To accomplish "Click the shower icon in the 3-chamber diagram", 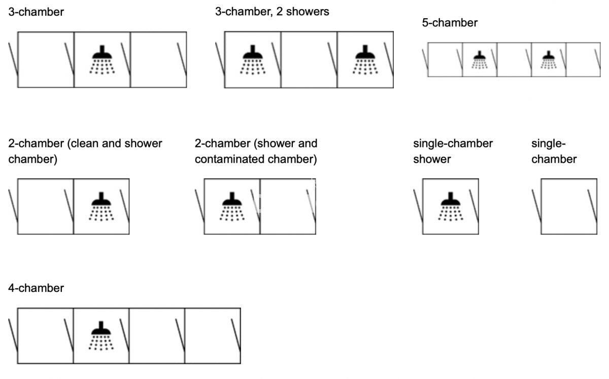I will click(102, 59).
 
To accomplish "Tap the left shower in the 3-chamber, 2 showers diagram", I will click(252, 59).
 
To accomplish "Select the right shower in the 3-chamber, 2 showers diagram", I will click(364, 59).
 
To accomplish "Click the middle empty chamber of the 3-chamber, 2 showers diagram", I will click(309, 59).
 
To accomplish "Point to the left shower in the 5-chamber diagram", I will click(479, 59).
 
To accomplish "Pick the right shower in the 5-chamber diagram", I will click(548, 59).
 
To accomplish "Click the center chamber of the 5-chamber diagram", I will click(514, 59).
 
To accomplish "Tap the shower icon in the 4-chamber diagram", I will click(101, 335).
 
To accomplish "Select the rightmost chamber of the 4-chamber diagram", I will click(212, 335).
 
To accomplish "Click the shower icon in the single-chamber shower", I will click(450, 206).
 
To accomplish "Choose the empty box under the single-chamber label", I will click(568, 206).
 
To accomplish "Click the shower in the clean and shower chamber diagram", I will click(101, 206).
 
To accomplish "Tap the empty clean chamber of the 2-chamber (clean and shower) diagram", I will click(46, 206).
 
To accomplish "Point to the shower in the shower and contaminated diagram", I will click(232, 206).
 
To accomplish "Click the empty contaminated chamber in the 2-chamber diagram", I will click(288, 206).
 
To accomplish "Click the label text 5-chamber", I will click(449, 23).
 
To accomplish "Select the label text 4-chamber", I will click(36, 288).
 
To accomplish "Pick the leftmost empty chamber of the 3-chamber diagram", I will click(46, 59).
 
